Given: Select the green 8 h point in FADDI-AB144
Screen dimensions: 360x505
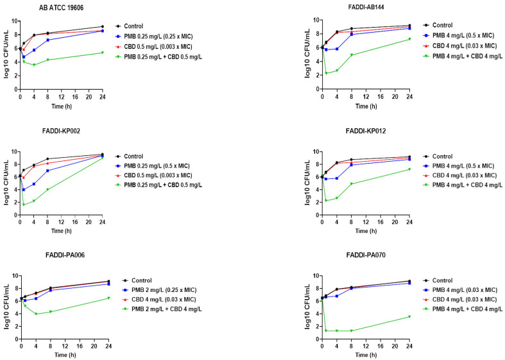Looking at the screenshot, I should point(351,55).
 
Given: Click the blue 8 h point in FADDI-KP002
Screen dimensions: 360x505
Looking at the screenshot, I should point(47,171).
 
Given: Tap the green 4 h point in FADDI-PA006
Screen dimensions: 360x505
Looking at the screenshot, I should point(37,314).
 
